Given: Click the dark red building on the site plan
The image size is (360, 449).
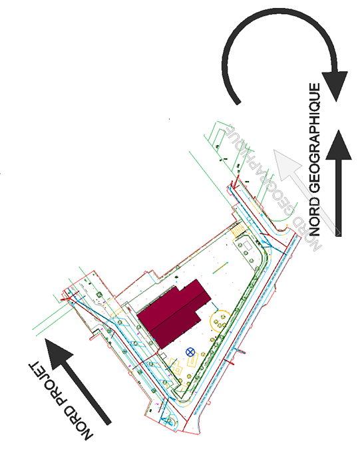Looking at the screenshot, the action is [174, 313].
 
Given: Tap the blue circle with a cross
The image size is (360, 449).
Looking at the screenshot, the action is [190, 352].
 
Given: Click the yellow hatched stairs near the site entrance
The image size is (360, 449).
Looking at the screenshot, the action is [238, 230].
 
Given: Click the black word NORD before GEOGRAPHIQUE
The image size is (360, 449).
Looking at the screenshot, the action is [315, 216].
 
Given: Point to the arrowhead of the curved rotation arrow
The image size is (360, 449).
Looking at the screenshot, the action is [335, 85].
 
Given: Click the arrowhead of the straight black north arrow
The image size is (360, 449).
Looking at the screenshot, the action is [339, 144].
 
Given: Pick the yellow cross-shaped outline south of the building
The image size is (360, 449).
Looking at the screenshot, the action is [176, 367].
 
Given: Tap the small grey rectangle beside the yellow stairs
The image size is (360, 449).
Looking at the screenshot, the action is [247, 246].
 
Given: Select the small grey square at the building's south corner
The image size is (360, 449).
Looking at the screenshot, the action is [162, 356].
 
